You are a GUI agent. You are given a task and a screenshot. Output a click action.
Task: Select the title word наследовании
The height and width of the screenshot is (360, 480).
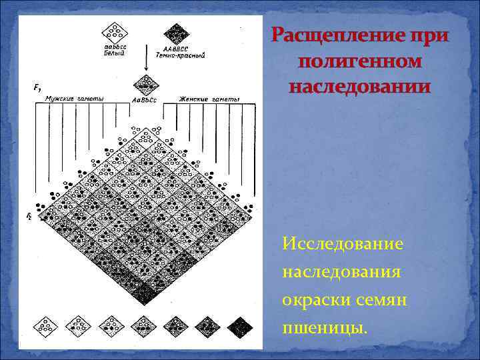coord(360,87)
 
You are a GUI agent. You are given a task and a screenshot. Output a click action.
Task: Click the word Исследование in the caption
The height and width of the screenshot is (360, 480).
coord(342,244)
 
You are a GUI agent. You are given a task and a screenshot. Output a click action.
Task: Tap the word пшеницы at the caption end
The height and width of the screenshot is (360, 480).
coord(324,328)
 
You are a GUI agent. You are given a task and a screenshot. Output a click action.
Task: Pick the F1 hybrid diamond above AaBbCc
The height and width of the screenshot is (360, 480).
coord(145,85)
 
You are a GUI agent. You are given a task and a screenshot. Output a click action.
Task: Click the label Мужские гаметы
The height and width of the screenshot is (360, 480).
coord(74,99)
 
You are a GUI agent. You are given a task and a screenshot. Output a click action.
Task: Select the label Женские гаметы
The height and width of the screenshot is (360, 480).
coord(209,99)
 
